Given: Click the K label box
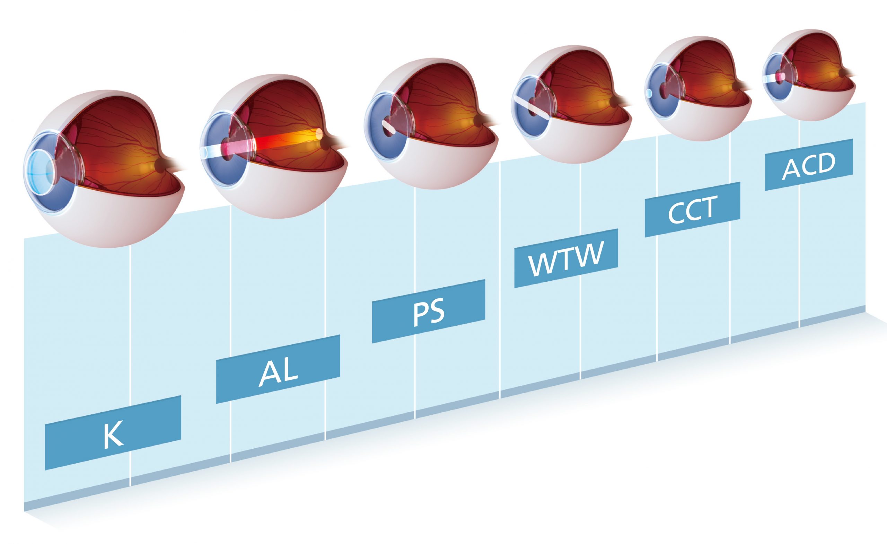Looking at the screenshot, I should (x=113, y=433).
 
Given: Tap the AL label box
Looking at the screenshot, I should (x=278, y=369).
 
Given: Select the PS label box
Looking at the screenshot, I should (x=428, y=312).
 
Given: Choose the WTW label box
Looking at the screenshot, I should (x=566, y=258).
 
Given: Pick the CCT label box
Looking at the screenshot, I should (x=692, y=210).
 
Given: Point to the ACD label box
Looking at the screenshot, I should (x=809, y=165).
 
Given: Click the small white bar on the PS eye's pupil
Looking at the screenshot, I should (x=389, y=127).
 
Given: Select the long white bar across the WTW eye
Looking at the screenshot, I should (x=531, y=108).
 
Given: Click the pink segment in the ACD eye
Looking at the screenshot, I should (x=781, y=77).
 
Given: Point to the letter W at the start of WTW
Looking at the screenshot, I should (x=540, y=265).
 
